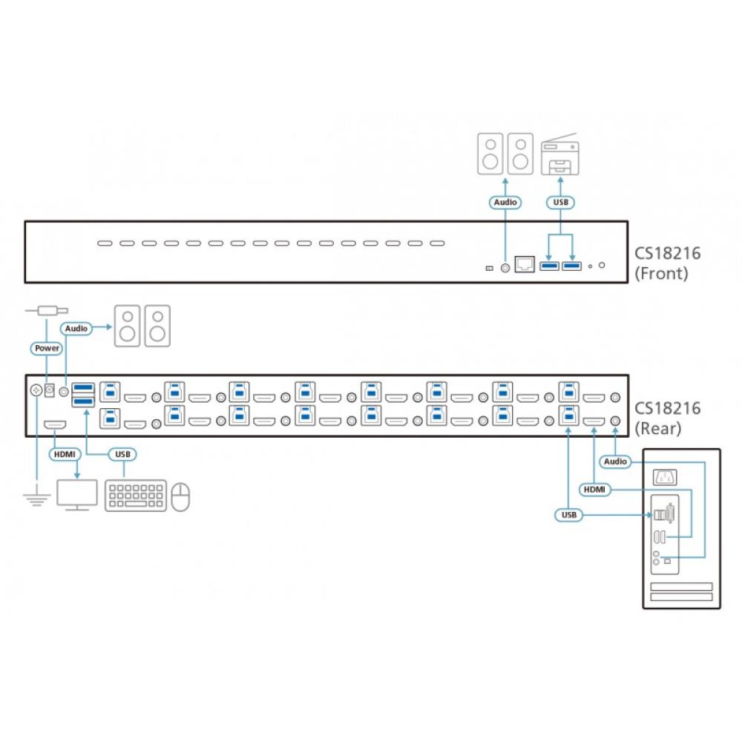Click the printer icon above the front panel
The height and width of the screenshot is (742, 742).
pos(560,154)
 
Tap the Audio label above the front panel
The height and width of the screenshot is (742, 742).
pos(505,202)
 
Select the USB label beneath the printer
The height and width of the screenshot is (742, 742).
pos(560,202)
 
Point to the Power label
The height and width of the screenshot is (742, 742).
pos(46,347)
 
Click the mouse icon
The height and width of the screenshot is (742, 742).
pos(180,496)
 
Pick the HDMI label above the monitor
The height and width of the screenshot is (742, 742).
pos(61,453)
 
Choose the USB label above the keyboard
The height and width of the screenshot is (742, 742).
pos(122,453)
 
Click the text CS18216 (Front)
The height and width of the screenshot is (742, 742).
pos(667,263)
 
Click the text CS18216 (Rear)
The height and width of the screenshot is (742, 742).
pos(667,417)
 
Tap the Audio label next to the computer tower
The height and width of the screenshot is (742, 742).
pos(615,462)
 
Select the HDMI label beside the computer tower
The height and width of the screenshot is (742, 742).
pos(594,489)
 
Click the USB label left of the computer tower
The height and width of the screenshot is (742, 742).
pos(568,514)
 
